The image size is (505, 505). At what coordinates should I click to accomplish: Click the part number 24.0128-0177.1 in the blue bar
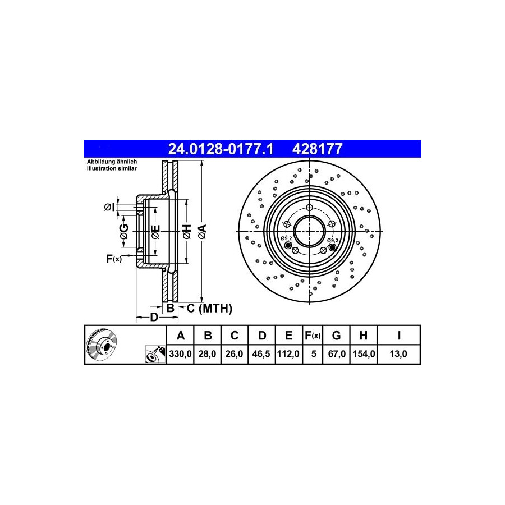click(221, 149)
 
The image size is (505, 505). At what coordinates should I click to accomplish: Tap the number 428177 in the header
click(317, 149)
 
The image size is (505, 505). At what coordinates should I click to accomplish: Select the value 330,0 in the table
click(180, 354)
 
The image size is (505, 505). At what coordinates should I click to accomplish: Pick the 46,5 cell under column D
click(261, 354)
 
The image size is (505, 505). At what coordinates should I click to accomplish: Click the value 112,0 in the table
click(288, 354)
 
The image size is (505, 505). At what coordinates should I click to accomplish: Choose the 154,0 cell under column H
click(364, 354)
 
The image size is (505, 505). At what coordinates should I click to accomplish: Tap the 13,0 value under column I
click(398, 354)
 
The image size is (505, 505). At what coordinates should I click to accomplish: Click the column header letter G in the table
click(336, 336)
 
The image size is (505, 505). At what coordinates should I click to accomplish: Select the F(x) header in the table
click(313, 336)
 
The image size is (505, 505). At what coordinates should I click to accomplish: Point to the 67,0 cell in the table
click(337, 354)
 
